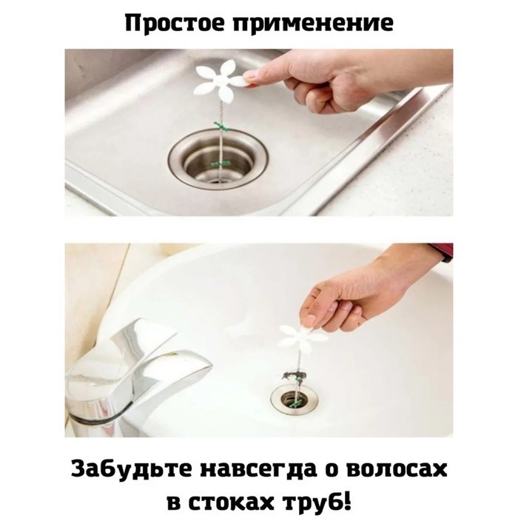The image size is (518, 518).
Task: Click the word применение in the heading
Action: pyautogui.click(x=313, y=24)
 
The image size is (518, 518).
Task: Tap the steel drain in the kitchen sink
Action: pyautogui.click(x=218, y=161)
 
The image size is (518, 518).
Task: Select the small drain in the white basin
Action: pyautogui.click(x=294, y=400)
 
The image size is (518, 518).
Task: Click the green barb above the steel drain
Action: pyautogui.click(x=221, y=126)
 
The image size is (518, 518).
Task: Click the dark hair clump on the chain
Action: pyautogui.click(x=293, y=375)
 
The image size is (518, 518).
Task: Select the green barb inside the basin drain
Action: pyautogui.click(x=295, y=403)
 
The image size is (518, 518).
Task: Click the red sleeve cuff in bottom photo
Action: pyautogui.click(x=442, y=252)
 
